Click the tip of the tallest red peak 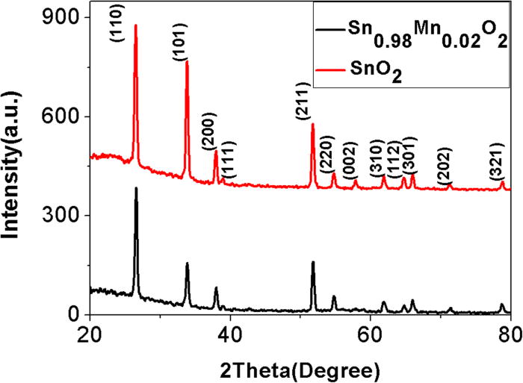pyautogui.click(x=135, y=25)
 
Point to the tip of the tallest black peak pyautogui.click(x=136, y=188)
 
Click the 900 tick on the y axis pyautogui.click(x=68, y=17)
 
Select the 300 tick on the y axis pyautogui.click(x=68, y=216)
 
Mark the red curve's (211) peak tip pyautogui.click(x=312, y=124)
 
